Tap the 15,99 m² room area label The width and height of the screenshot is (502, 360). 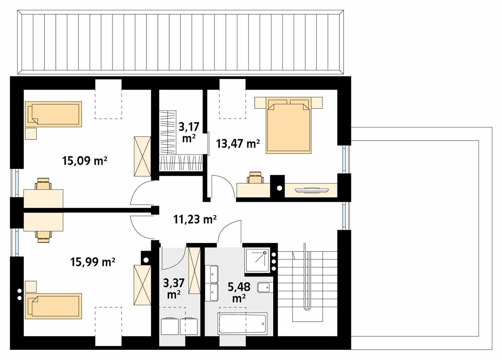point(93,261)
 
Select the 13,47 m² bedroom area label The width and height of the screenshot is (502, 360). point(238,144)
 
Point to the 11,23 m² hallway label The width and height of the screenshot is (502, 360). point(195,219)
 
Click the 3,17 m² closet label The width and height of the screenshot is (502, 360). point(188,132)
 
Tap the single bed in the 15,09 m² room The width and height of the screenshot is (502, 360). point(54,114)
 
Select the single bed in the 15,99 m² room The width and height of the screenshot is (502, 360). point(54,306)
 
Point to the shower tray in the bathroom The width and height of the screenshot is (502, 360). point(257,260)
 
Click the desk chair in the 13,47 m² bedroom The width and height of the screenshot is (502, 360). point(256,178)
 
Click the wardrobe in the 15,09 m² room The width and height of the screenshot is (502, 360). point(142,156)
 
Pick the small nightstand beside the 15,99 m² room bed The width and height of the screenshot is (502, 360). point(31,286)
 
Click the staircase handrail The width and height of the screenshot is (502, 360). point(306,276)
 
